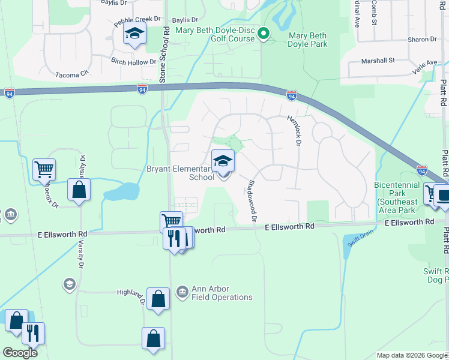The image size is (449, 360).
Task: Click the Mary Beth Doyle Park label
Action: tap(308, 40)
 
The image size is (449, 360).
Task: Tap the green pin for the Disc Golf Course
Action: tap(263, 35)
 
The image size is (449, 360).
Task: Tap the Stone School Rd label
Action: tap(162, 54)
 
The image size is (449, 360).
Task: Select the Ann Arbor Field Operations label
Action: tap(221, 293)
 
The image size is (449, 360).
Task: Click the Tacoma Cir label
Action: tap(71, 73)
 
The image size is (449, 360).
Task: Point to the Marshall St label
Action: tap(377, 61)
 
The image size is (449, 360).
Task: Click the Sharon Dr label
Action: tap(421, 40)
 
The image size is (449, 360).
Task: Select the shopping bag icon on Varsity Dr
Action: tap(79, 191)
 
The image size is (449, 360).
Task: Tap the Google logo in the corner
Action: tap(20, 353)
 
